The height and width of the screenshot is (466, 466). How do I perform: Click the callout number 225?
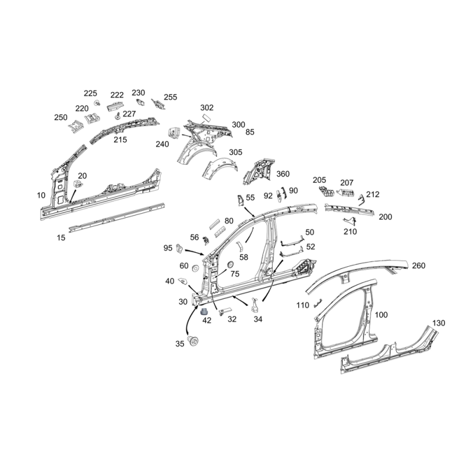pos(90,93)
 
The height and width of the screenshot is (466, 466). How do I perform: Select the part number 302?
pos(190,108)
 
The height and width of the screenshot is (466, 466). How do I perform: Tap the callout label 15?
pos(61,238)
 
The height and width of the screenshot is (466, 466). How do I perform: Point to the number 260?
pos(418,266)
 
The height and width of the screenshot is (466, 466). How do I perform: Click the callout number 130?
pos(439,323)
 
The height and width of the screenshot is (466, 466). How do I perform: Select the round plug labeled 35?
pos(196,343)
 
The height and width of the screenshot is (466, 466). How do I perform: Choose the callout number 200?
pos(385,217)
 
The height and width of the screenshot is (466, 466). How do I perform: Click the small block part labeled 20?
pos(76,184)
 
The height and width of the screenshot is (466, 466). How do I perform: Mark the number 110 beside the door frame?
pos(303,305)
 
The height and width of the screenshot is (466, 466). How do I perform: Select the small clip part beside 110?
pos(317,302)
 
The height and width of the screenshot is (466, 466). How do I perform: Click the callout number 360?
pos(283,174)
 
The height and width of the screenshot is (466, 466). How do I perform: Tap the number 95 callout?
pos(168,248)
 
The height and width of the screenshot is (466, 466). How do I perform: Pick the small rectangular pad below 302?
pos(205,117)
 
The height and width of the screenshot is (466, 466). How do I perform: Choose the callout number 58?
pos(243,257)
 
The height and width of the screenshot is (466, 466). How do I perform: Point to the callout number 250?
pos(61,117)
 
